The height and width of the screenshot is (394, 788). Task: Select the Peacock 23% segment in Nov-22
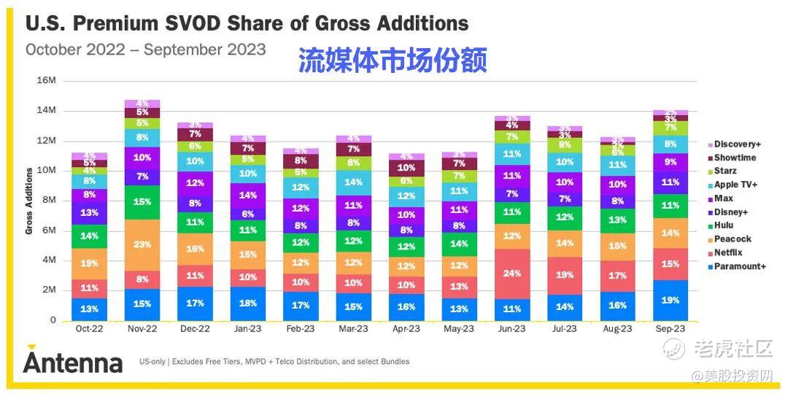click(x=143, y=245)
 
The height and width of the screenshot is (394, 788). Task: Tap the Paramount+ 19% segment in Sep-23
click(x=670, y=300)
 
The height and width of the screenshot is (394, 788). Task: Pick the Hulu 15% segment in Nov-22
click(x=143, y=202)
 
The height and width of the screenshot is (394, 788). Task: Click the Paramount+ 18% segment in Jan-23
click(x=248, y=304)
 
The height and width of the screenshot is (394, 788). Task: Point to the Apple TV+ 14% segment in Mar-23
click(x=354, y=182)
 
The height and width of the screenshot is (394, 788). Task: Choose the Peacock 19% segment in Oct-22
click(x=90, y=263)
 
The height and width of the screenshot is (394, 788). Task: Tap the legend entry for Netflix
click(x=727, y=252)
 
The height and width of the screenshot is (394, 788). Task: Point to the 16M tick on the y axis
click(x=46, y=80)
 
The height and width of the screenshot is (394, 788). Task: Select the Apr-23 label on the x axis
click(x=406, y=329)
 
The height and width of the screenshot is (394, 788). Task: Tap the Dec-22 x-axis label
click(x=195, y=329)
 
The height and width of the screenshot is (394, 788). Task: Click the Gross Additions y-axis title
click(x=30, y=201)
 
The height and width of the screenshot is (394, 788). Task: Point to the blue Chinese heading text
click(x=392, y=61)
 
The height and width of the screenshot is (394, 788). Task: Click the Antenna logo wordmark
click(x=72, y=361)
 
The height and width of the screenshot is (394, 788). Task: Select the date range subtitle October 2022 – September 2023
click(x=146, y=50)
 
